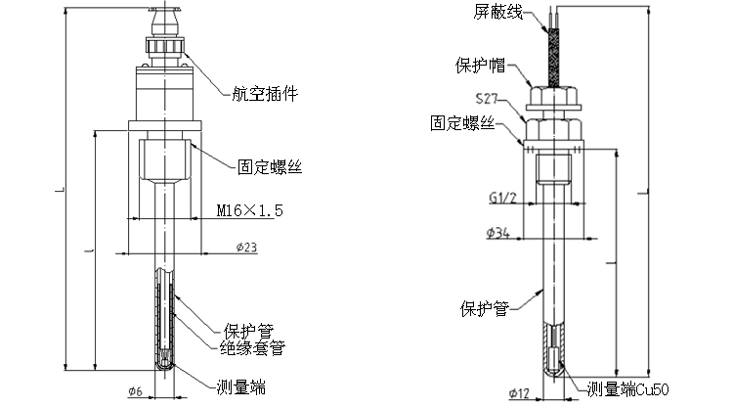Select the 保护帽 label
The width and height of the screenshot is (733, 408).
click(x=479, y=67)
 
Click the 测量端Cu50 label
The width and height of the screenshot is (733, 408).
click(x=629, y=388)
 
